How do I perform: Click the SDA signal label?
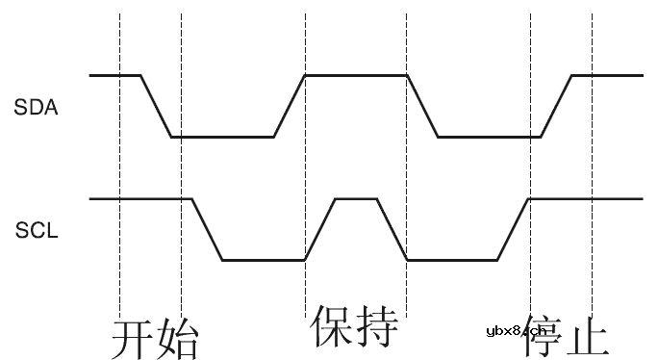[x=37, y=108]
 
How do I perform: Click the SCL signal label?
[x=37, y=231]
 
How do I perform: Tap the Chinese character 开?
[x=133, y=337]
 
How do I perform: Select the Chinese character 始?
[x=178, y=337]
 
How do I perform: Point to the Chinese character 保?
[x=331, y=327]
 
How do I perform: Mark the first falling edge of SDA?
[x=156, y=106]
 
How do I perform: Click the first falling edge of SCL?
[x=207, y=229]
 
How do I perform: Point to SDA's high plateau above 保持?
[x=355, y=75]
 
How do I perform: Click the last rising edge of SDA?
[x=557, y=106]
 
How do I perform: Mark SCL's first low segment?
[x=264, y=260]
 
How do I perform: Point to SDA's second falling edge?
[x=422, y=106]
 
